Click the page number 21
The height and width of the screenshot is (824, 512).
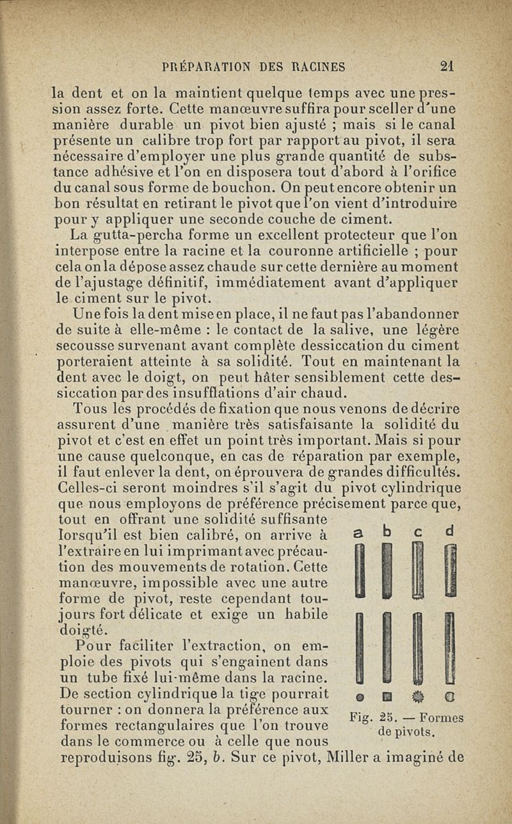(447, 66)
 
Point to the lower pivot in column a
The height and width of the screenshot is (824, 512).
(361, 647)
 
